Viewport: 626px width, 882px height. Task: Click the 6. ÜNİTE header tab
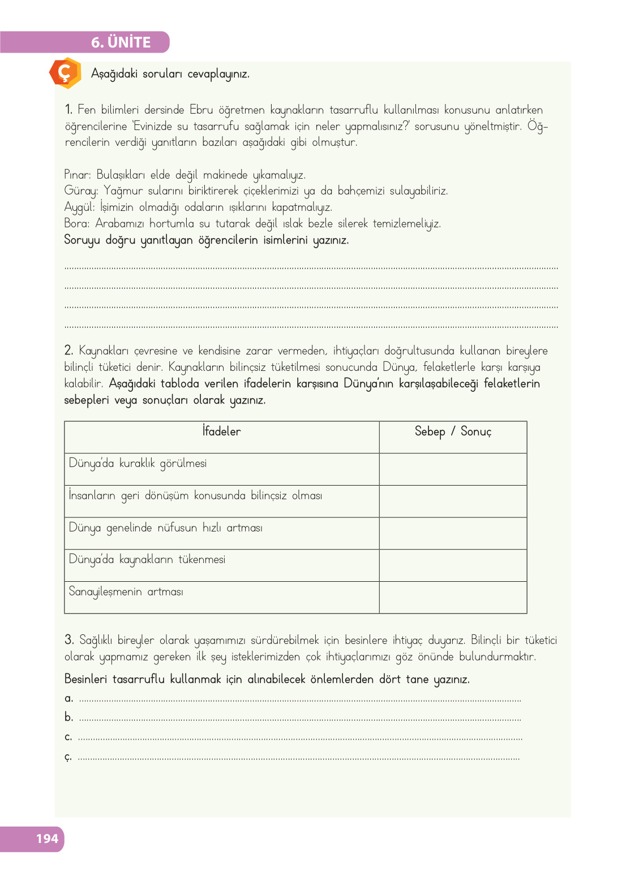click(121, 42)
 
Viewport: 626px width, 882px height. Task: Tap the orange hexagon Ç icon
click(66, 73)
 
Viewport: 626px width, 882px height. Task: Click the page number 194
click(47, 838)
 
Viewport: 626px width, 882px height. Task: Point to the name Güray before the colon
click(80, 191)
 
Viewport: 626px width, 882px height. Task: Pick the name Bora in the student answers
click(76, 223)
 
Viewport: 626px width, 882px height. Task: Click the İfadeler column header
click(221, 431)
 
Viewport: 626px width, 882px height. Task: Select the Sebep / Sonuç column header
click(453, 431)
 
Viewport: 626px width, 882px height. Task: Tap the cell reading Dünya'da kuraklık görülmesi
click(138, 464)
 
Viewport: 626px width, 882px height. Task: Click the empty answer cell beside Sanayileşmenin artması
click(453, 597)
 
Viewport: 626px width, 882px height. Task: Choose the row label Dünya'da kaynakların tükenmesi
click(147, 560)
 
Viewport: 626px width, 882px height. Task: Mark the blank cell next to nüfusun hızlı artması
click(453, 533)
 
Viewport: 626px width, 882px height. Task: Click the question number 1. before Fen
click(68, 110)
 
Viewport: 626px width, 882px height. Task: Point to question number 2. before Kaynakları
click(68, 351)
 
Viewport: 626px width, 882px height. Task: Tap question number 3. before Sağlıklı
click(69, 640)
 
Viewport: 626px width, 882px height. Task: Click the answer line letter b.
click(68, 717)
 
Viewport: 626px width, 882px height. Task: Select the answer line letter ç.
click(68, 756)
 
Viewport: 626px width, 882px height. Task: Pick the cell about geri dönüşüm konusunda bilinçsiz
click(195, 496)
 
